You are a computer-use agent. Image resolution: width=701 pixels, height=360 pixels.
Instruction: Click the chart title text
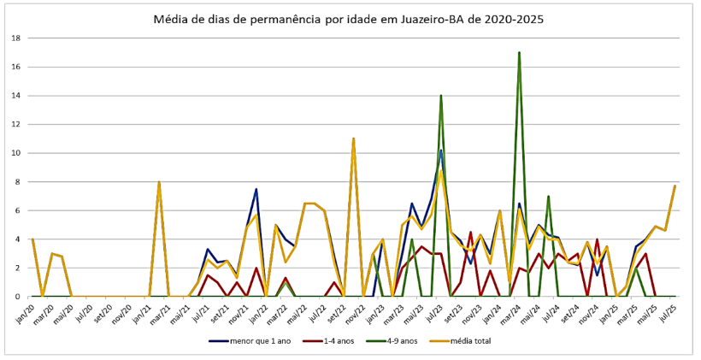(348, 18)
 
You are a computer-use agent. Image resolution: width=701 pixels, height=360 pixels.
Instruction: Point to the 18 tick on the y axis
(17, 38)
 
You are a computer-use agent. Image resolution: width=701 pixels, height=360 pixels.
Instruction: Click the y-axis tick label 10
(17, 153)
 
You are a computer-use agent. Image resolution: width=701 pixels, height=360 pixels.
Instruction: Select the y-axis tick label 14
(17, 96)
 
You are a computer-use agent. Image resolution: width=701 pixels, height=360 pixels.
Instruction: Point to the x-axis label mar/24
(515, 310)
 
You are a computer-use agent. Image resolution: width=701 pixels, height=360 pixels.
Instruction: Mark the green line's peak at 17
(519, 52)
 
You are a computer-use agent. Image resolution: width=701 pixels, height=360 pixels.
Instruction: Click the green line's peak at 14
(441, 96)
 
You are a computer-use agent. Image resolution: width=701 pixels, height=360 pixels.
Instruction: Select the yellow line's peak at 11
(353, 139)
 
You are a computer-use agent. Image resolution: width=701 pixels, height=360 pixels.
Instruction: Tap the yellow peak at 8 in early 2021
(159, 182)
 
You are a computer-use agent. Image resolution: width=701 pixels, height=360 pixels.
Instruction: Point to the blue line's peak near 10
(441, 150)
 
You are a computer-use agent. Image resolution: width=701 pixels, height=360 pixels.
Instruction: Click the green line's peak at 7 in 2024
(548, 197)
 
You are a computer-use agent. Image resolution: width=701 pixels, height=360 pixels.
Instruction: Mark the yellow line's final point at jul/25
(675, 186)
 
